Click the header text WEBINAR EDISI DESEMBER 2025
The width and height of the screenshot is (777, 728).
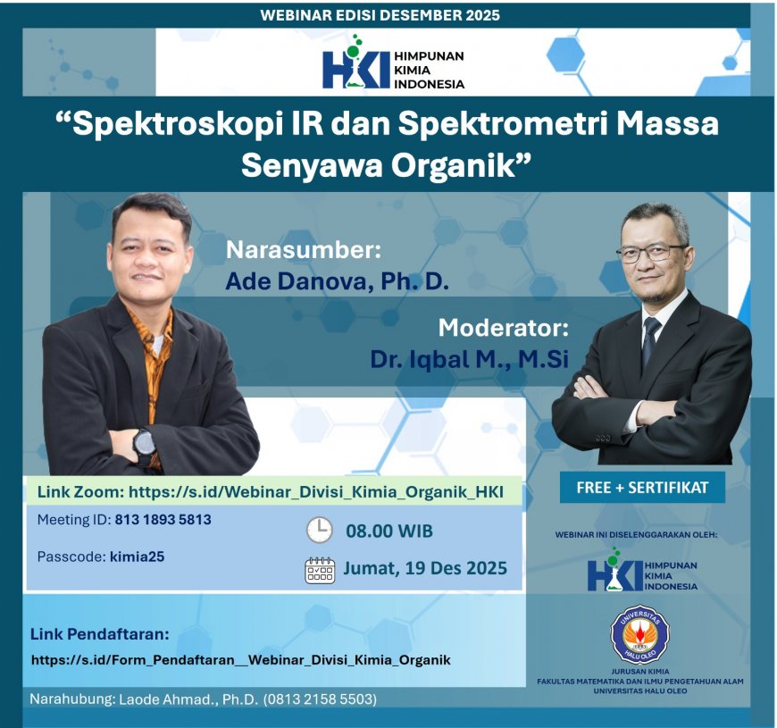380,15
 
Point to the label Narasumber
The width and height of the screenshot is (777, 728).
304,248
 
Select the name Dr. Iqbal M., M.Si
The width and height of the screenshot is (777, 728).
469,359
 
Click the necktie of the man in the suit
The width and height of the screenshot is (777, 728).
649,339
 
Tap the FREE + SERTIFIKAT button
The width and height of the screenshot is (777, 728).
642,488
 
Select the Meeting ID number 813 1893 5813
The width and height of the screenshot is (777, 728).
163,519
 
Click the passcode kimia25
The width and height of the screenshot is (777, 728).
137,556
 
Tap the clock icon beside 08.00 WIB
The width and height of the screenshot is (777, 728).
319,531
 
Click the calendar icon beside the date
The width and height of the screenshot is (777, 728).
320,569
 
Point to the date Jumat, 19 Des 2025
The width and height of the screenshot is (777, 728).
425,568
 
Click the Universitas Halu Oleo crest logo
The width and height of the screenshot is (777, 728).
639,634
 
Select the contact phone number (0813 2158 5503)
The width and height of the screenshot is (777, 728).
319,699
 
